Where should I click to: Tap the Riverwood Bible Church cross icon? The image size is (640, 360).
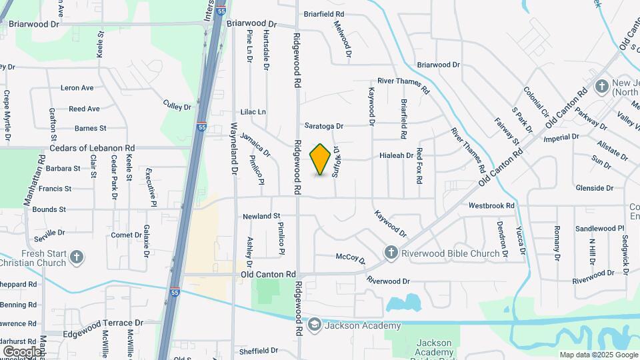(391, 253)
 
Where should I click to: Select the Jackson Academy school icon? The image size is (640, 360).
(314, 325)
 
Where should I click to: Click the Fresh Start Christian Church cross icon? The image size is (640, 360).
(77, 258)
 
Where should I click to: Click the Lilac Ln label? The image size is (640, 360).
(253, 112)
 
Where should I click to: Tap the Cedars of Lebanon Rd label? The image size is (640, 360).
(93, 148)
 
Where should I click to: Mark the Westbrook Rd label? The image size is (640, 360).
(492, 206)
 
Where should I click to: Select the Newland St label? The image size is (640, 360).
(261, 217)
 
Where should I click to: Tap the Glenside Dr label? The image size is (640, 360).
(594, 189)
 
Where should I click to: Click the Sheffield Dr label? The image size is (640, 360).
(258, 351)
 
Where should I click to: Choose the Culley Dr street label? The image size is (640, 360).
(177, 105)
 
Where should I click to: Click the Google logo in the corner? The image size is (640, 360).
(22, 351)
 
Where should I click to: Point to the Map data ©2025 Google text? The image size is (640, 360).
(599, 355)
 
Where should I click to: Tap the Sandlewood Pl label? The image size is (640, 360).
(599, 228)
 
